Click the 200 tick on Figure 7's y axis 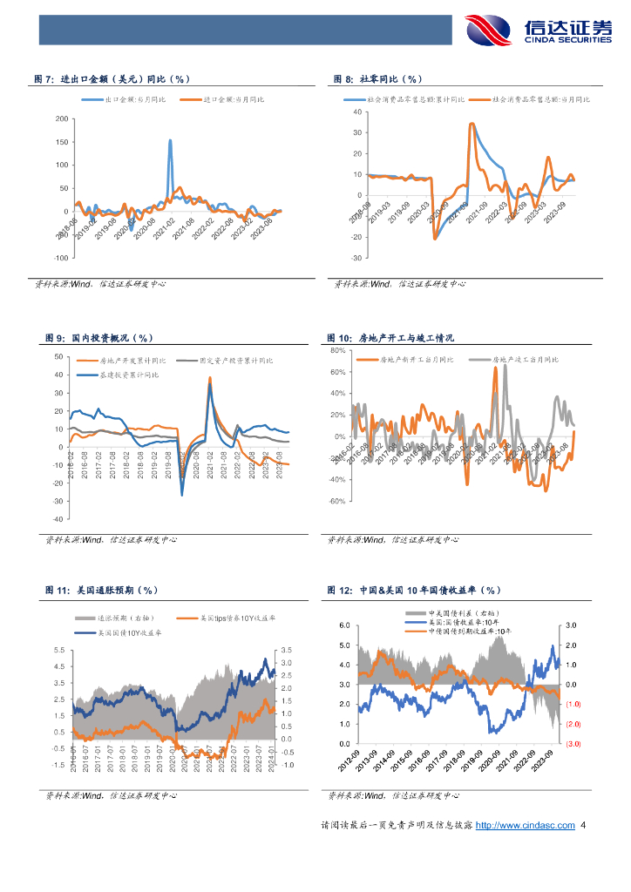(61, 118)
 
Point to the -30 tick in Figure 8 (356, 259)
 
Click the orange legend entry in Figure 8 (531, 100)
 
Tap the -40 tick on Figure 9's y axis (58, 518)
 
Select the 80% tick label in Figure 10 (338, 350)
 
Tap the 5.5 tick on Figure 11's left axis (58, 651)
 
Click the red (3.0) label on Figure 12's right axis (573, 744)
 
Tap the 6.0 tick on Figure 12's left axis (344, 626)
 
